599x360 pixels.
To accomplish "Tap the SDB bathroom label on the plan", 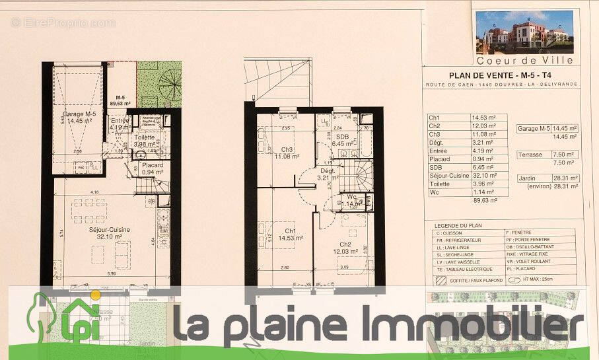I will point(343,139).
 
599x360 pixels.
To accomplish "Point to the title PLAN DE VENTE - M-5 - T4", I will point(491,75).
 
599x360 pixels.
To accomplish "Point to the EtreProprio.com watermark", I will point(63,23).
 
